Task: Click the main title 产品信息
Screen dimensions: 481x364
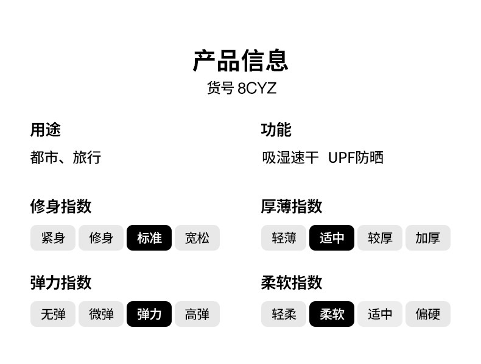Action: (x=240, y=61)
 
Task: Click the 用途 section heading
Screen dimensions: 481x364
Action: (x=46, y=129)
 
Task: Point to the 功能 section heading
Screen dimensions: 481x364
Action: (x=276, y=129)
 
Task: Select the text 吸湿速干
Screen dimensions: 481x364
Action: (x=290, y=158)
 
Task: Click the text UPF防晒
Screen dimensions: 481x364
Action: (x=356, y=158)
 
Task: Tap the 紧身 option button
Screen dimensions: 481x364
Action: (x=53, y=238)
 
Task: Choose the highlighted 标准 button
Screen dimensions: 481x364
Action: (x=149, y=238)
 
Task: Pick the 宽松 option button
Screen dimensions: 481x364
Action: (x=197, y=238)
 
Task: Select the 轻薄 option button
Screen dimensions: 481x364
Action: (x=284, y=238)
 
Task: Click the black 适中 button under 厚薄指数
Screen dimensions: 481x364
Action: (x=332, y=238)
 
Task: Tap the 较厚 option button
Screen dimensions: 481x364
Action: (x=380, y=238)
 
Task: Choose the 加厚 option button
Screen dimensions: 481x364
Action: (x=428, y=238)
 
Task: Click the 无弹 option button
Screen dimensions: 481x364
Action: (x=53, y=314)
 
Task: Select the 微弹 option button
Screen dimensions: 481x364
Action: (x=101, y=314)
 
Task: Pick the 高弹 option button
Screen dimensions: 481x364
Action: (x=197, y=314)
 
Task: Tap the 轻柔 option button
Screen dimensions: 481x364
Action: (x=284, y=314)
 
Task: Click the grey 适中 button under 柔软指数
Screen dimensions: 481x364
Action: (x=380, y=314)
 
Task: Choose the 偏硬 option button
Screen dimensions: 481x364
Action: (x=428, y=314)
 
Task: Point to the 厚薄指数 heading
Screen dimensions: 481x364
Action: (x=292, y=206)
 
